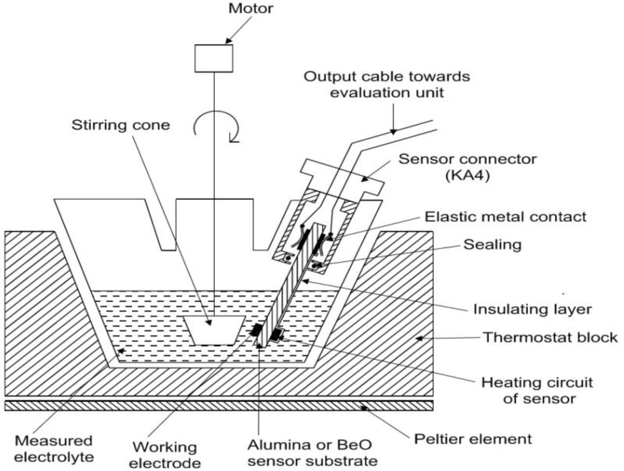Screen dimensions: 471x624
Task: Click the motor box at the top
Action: click(214, 58)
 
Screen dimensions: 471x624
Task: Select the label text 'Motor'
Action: click(250, 8)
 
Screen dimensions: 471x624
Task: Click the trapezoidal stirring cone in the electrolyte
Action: click(214, 330)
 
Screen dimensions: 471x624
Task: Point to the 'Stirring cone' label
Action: click(120, 125)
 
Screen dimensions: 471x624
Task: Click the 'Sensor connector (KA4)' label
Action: click(467, 167)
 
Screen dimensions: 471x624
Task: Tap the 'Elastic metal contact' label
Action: click(505, 217)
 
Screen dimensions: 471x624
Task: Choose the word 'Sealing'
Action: click(492, 244)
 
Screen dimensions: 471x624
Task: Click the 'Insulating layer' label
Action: click(532, 309)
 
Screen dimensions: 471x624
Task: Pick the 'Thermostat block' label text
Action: click(550, 337)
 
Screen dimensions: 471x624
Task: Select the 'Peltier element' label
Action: click(472, 439)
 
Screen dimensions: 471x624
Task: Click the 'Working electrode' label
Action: click(164, 455)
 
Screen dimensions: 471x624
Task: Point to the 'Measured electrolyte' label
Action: click(54, 448)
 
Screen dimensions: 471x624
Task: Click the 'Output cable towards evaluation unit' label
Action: click(386, 84)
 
